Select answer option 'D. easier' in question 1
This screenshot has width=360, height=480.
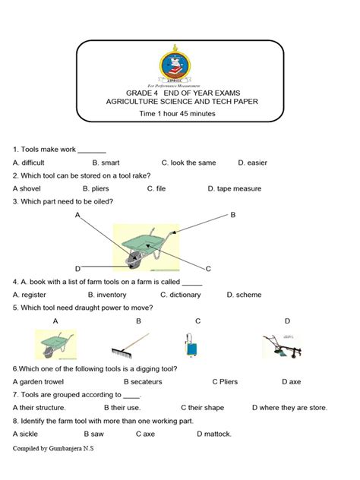252,163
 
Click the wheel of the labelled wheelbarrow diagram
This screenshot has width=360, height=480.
133,261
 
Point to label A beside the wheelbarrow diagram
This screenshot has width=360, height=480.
77,216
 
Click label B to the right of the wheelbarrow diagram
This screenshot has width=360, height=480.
233,215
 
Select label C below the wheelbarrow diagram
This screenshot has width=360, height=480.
207,269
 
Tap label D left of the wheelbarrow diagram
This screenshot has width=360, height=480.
77,269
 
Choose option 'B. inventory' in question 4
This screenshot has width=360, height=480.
107,295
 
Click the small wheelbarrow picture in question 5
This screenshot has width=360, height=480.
55,344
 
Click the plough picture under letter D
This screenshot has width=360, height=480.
283,346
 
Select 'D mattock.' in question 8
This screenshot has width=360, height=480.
214,434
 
